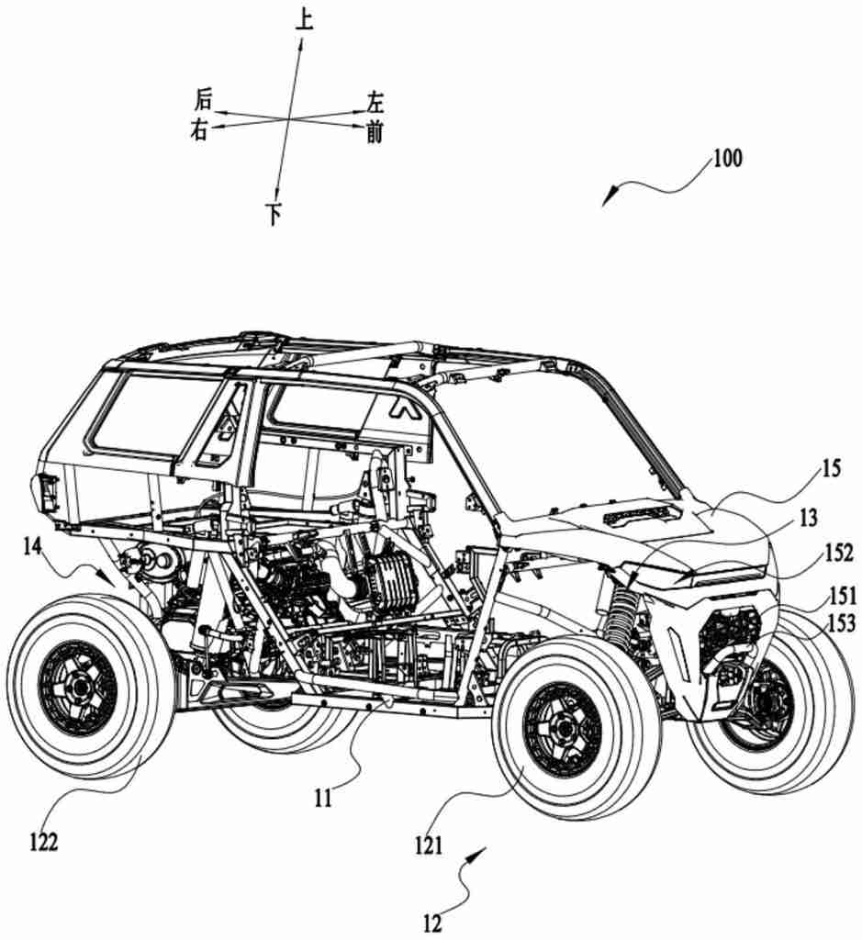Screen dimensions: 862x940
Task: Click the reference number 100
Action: point(725,158)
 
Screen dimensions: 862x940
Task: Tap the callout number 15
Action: point(830,469)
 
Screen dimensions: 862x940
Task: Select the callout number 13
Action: point(808,517)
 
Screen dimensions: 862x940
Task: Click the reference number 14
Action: point(35,548)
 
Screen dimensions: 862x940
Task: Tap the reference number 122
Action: point(44,843)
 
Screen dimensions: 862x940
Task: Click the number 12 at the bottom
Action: point(432,923)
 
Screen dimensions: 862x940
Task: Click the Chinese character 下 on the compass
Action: point(274,214)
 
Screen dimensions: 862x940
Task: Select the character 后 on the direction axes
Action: point(203,99)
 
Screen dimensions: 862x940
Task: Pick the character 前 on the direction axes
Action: point(375,132)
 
